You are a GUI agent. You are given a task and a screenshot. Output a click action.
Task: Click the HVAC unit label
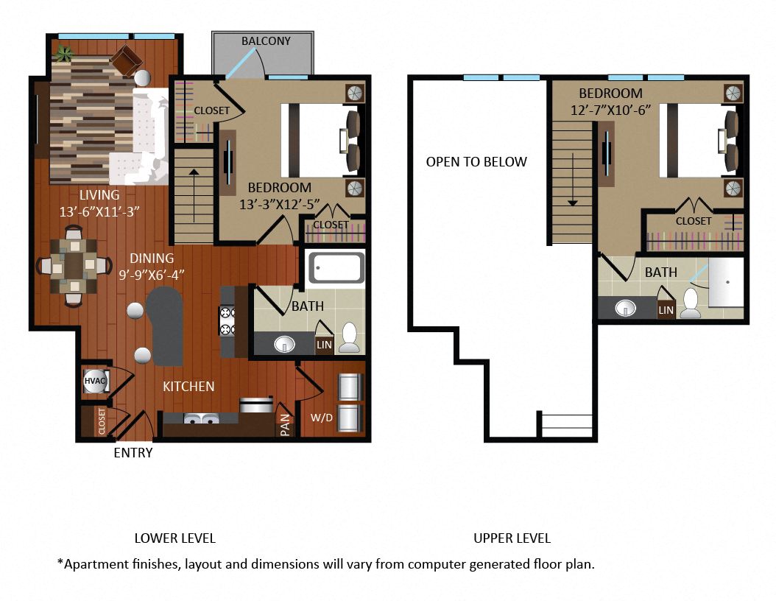tap(94, 381)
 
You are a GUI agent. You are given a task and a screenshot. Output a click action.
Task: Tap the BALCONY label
tap(266, 41)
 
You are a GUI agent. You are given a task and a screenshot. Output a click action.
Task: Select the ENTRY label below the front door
tap(133, 452)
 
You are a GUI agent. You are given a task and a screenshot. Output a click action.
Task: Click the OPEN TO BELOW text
tap(476, 162)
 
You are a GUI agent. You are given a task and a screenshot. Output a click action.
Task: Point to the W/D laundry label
tap(322, 418)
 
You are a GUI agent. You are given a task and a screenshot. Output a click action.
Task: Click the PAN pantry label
tap(286, 425)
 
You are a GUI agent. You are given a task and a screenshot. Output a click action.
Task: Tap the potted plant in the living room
tap(63, 53)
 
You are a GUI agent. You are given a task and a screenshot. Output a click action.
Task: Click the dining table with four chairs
tap(74, 267)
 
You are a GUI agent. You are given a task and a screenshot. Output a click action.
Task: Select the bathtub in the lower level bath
tap(336, 268)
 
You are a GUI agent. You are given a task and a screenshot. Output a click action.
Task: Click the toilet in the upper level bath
tap(691, 302)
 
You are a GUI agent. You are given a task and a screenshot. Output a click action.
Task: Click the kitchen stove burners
tap(227, 321)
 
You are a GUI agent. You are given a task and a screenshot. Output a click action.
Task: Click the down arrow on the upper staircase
tap(573, 180)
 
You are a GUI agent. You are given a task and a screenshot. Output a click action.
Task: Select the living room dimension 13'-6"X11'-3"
tap(99, 212)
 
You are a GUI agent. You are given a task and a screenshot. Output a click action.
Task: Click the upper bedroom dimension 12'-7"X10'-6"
tap(610, 110)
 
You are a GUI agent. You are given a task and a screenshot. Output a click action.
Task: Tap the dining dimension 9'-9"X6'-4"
tap(152, 275)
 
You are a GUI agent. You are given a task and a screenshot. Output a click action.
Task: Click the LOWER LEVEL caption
tap(174, 538)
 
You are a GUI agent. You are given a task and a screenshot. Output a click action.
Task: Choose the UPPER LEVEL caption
tap(512, 538)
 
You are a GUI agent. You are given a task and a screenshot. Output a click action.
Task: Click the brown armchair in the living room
tap(126, 60)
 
